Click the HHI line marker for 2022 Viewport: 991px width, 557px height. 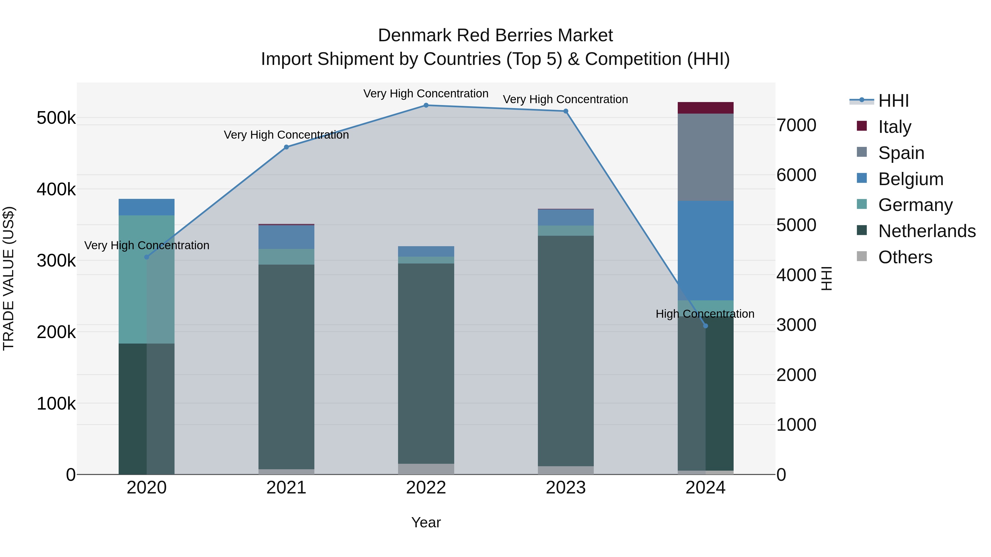(x=426, y=105)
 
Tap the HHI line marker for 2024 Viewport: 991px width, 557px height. (x=705, y=326)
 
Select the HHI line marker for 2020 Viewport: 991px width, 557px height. (x=146, y=257)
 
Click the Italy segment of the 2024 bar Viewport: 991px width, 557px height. (x=705, y=108)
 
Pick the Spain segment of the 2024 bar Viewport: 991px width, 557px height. (x=705, y=157)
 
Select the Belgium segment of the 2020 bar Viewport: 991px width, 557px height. (x=146, y=207)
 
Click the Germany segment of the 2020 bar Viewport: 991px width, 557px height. (x=133, y=279)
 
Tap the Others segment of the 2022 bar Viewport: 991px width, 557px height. (x=426, y=469)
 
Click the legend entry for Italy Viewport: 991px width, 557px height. (x=894, y=127)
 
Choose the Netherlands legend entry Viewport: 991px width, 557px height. (x=927, y=231)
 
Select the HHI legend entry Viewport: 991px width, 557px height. (x=893, y=101)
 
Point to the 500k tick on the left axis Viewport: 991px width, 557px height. (x=56, y=118)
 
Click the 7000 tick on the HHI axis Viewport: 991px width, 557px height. (x=796, y=125)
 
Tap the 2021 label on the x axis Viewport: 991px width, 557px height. (x=286, y=488)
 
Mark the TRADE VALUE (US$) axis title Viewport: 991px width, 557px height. (x=9, y=278)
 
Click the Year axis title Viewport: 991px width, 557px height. (x=426, y=522)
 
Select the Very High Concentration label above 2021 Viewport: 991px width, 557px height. (x=286, y=135)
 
